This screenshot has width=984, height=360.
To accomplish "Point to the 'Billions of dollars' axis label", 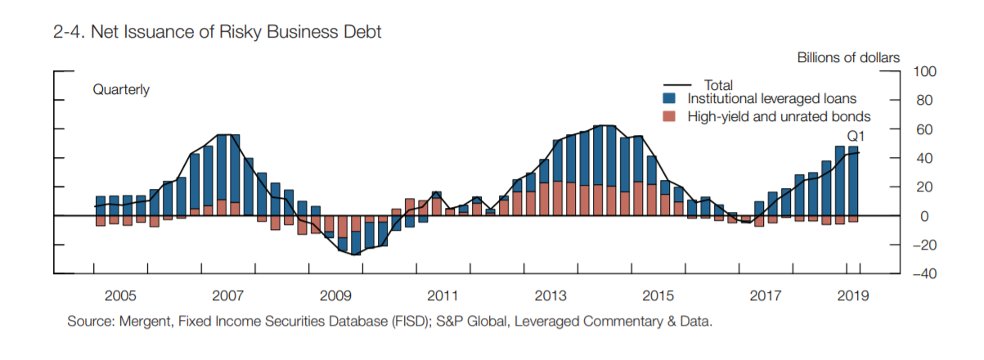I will tap(848, 57).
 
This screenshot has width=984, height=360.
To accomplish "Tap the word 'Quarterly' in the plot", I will tap(121, 90).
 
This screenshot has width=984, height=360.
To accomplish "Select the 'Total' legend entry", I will tap(717, 84).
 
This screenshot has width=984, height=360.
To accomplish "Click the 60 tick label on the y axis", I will tap(923, 130).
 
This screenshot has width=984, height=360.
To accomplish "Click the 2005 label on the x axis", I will tap(119, 295).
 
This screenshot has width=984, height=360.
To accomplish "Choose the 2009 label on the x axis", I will tap(335, 295).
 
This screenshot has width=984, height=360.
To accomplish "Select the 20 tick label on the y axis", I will tap(923, 187).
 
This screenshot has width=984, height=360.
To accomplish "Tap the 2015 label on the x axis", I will tap(658, 295).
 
